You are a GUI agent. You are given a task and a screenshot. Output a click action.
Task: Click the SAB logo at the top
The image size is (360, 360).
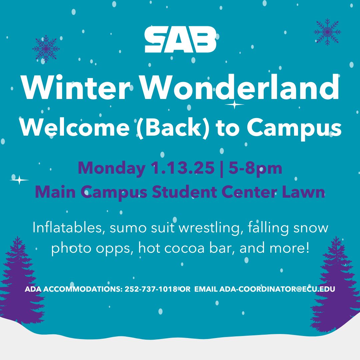(x=180, y=40)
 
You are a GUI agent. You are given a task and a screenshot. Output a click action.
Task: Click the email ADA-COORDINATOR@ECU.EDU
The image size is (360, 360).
(x=277, y=289)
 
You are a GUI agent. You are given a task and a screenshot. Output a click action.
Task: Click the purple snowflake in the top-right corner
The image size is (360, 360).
(x=327, y=32)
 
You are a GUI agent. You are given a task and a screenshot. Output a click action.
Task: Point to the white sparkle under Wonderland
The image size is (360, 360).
(x=235, y=105)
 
